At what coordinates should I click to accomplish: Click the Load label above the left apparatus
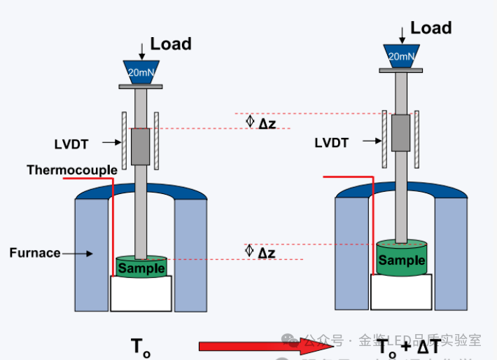tap(171, 44)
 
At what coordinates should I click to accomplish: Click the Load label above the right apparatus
tap(430, 28)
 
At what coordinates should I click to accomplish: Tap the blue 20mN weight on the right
tap(402, 56)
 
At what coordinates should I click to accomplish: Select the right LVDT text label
tap(332, 143)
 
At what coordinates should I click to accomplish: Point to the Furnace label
tap(35, 253)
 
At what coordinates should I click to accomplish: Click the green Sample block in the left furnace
tap(141, 267)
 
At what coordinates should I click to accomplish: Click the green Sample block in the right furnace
tap(402, 260)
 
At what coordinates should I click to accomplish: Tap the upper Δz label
tap(267, 123)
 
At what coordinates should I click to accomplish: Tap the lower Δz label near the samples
tap(267, 252)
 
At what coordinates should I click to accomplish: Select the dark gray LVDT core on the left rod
tap(141, 146)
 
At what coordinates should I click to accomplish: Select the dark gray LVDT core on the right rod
tap(400, 133)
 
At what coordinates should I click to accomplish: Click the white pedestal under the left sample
tap(141, 293)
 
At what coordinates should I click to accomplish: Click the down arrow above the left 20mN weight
tap(142, 50)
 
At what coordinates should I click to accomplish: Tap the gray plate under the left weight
tap(141, 87)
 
